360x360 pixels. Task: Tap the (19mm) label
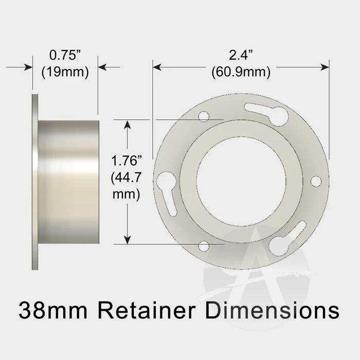tap(65, 71)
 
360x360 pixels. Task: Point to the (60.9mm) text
tap(241, 71)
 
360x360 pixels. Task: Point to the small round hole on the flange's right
tap(316, 181)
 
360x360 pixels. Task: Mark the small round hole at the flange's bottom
tap(204, 246)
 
